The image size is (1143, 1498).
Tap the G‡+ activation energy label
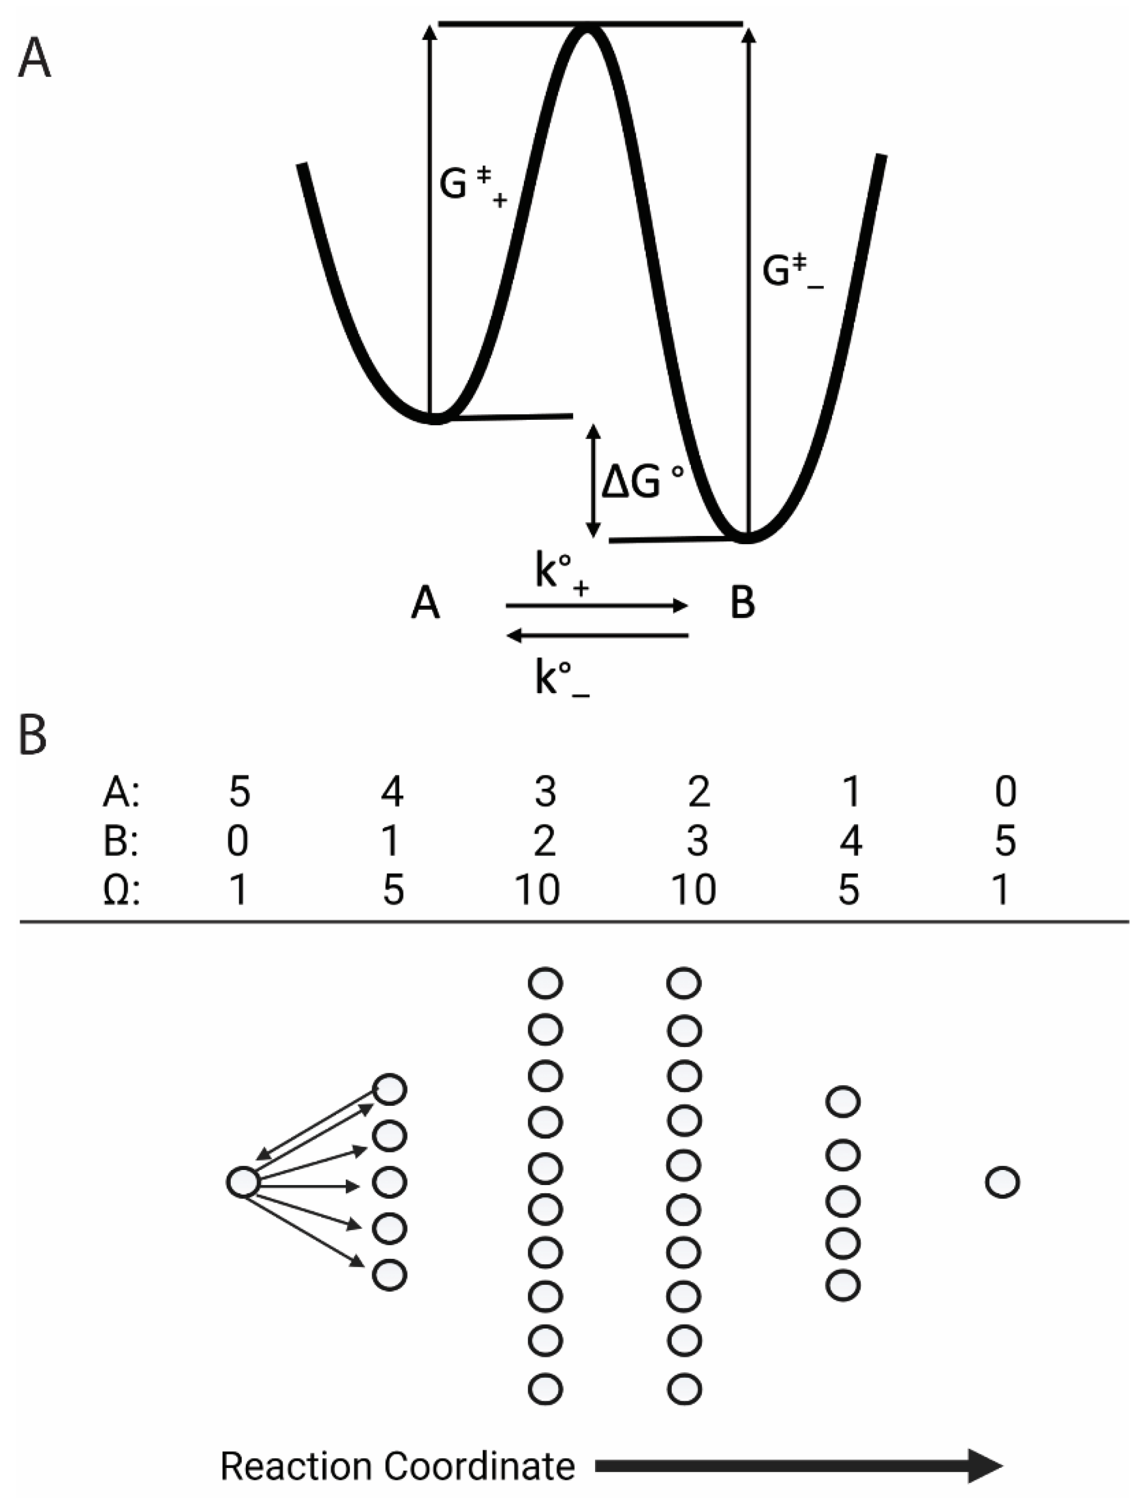472,185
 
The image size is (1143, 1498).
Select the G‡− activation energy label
791,272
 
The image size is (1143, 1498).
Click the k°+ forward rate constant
562,575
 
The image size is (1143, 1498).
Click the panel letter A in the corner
34,59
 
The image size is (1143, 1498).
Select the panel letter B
32,736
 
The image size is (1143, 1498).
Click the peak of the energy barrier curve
587,31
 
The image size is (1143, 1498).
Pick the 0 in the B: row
237,841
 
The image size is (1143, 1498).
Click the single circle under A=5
243,1183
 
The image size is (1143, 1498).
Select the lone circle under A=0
1002,1183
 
